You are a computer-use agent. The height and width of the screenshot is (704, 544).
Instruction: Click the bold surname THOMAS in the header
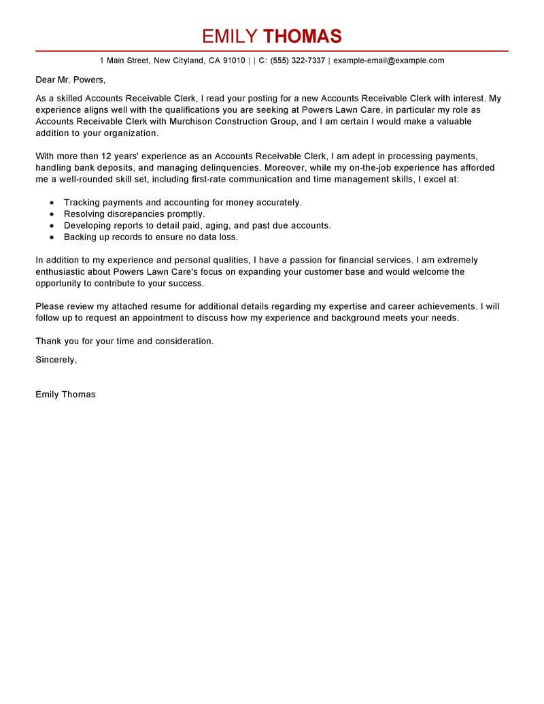302,36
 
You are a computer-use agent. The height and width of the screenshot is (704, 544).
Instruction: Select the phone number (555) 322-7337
298,61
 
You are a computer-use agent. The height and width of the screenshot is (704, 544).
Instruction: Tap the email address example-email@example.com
389,61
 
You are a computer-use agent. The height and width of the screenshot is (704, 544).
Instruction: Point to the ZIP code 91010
234,61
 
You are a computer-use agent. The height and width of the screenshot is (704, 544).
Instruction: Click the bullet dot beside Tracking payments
52,203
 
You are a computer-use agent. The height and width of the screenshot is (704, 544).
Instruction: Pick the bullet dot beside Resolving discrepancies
52,214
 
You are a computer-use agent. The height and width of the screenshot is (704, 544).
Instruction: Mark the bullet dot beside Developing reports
52,226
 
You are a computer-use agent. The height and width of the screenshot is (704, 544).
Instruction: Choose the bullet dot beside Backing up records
52,237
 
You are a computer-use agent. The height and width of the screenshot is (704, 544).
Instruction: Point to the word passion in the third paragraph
305,260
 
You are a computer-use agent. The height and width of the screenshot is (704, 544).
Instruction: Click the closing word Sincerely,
56,359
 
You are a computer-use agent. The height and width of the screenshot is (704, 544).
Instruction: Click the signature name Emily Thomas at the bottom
65,394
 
